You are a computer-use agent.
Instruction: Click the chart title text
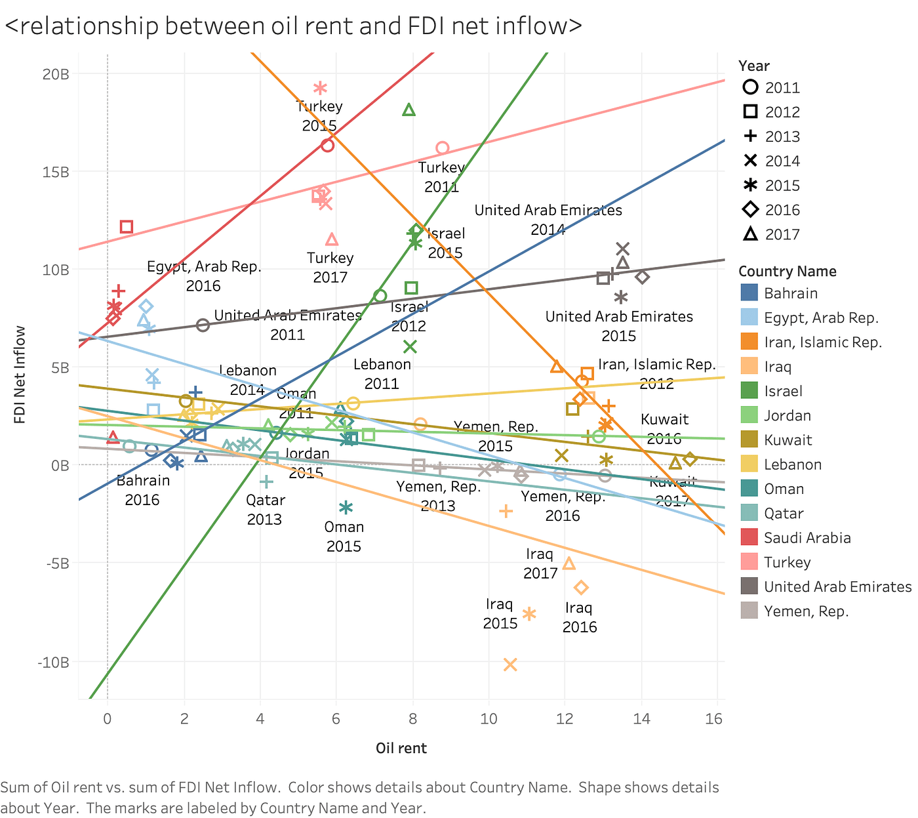[293, 26]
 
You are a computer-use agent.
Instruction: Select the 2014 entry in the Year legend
[782, 161]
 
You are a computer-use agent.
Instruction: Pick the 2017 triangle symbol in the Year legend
[751, 234]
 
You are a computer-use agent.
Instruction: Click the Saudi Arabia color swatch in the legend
[749, 538]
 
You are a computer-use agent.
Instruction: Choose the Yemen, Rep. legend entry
[806, 611]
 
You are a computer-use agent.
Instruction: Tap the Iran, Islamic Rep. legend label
[822, 342]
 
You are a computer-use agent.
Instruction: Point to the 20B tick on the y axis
[56, 74]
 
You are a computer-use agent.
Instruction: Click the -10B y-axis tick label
[53, 662]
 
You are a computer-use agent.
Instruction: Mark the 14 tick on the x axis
[641, 719]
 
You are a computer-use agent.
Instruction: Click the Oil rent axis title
[401, 748]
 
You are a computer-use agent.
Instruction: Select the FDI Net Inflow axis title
[20, 375]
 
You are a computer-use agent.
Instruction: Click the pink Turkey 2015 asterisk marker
[320, 88]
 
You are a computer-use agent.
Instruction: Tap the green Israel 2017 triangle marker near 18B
[409, 110]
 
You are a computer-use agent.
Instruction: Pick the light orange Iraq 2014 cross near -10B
[510, 665]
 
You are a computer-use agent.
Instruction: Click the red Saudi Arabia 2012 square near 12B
[127, 227]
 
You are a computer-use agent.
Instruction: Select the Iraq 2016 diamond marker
[581, 587]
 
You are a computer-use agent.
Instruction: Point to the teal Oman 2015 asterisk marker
[346, 507]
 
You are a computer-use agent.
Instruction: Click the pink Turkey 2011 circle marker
[443, 148]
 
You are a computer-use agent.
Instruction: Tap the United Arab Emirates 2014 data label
[548, 220]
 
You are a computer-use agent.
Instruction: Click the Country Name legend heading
[787, 272]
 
